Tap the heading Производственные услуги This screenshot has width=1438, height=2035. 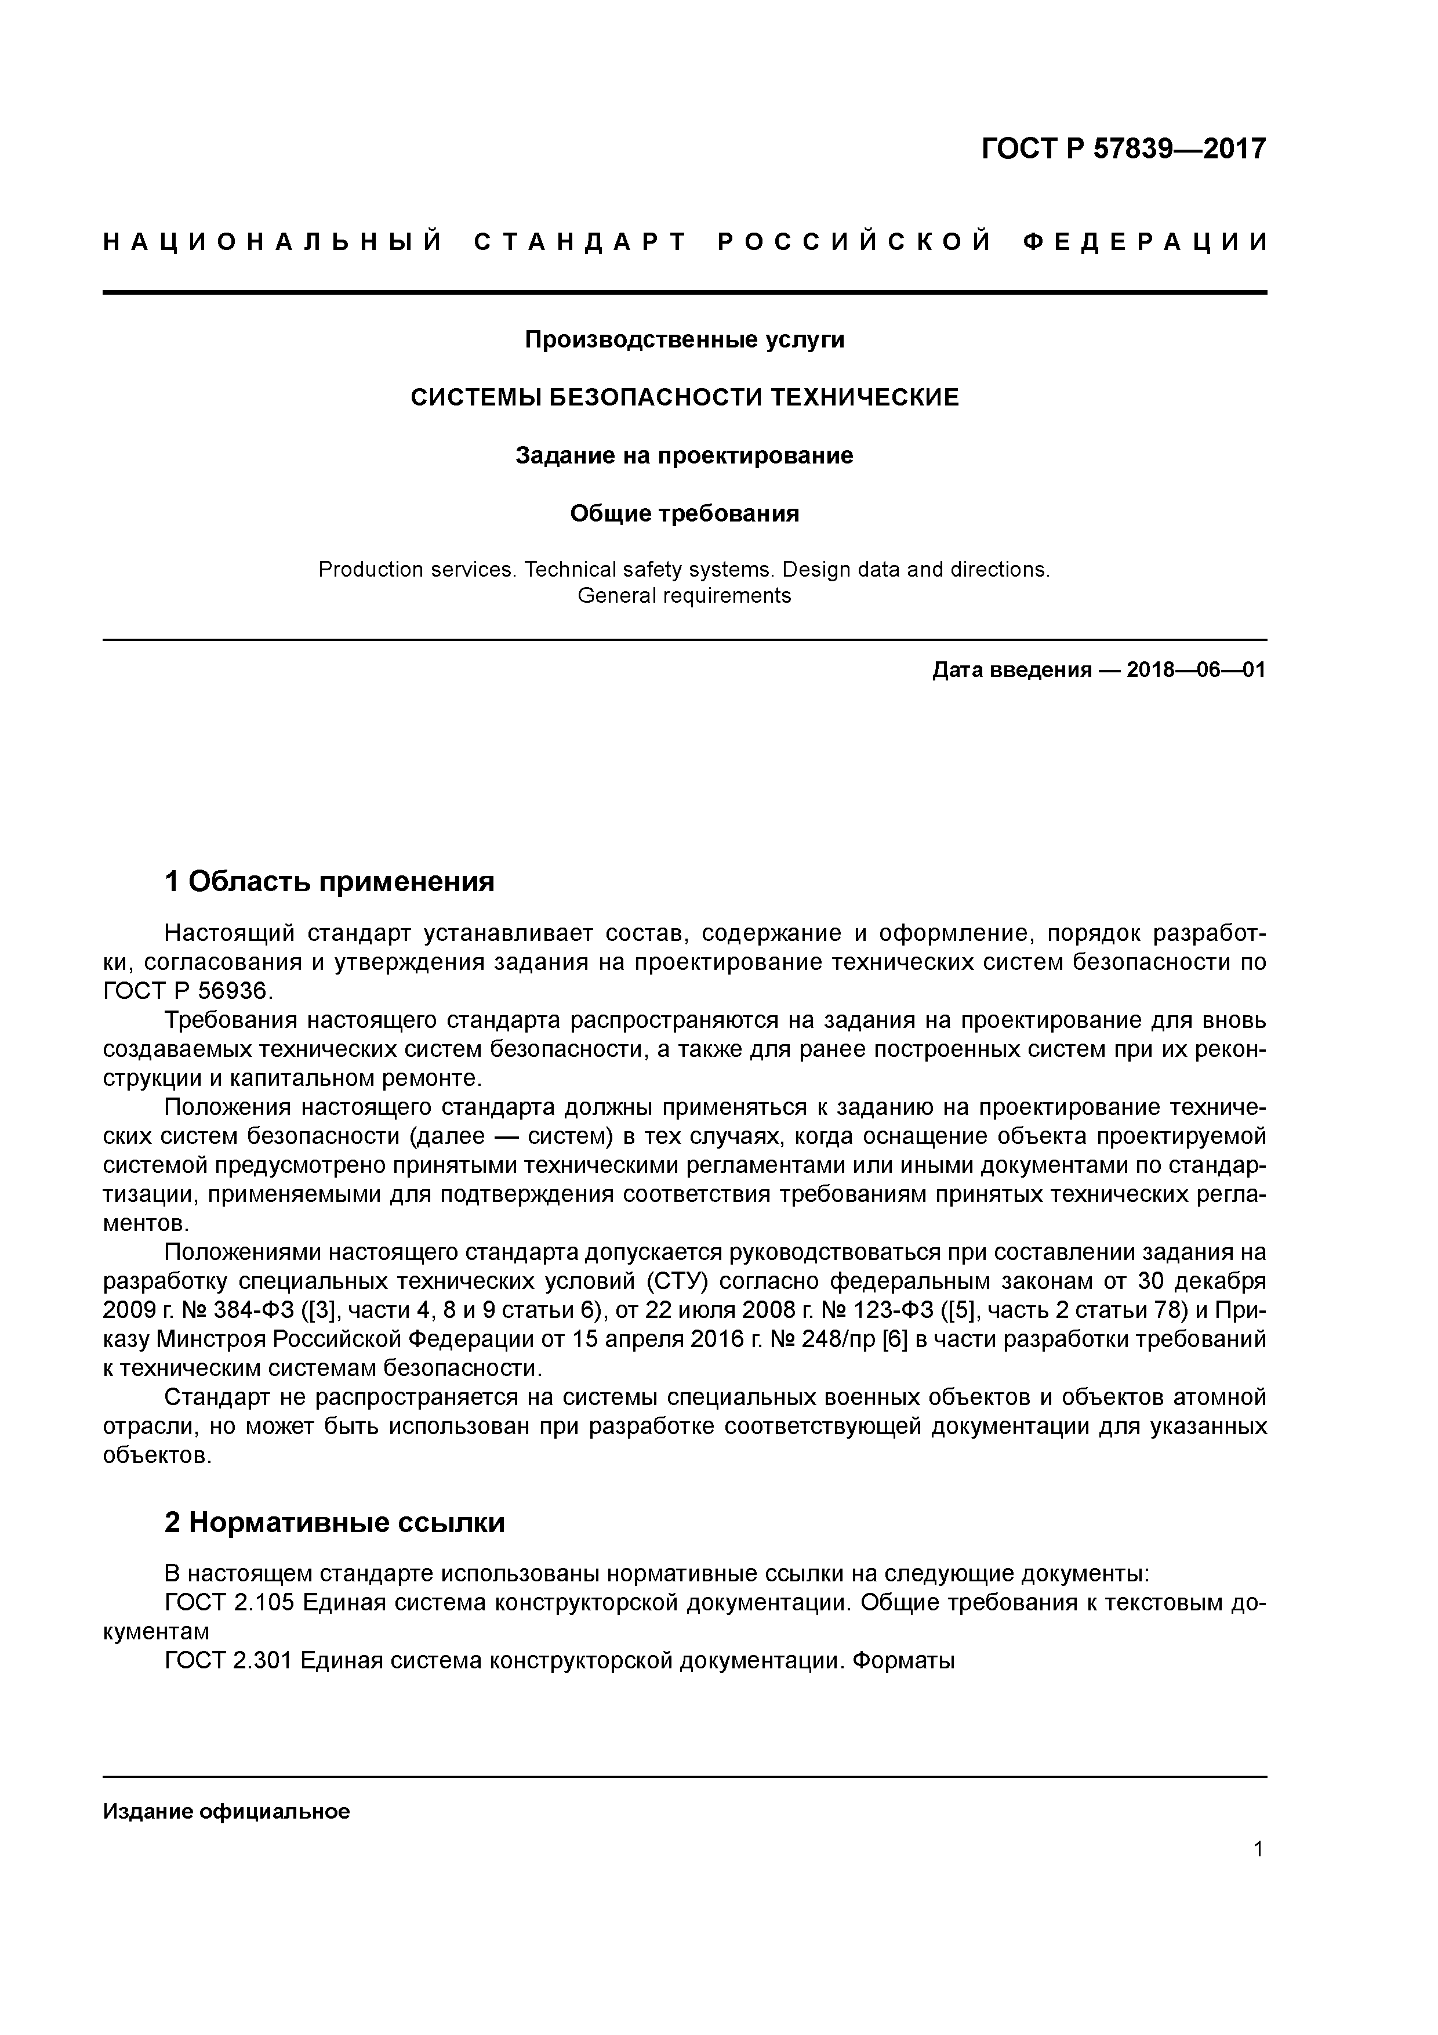[x=684, y=339]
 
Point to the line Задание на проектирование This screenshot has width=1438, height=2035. [x=684, y=455]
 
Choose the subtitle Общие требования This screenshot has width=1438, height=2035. [x=684, y=513]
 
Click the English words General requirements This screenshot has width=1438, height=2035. [x=684, y=596]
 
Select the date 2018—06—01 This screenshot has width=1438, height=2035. [x=1196, y=670]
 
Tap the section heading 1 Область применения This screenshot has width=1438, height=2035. [x=329, y=882]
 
